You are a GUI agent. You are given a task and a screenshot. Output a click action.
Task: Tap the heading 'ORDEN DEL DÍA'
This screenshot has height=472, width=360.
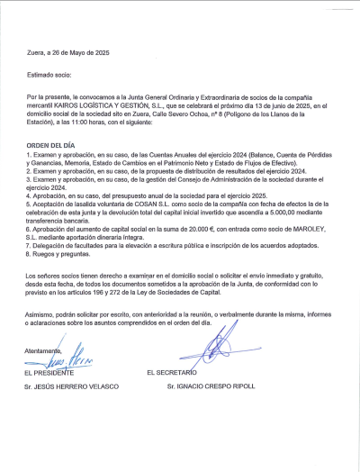(x=50, y=144)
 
